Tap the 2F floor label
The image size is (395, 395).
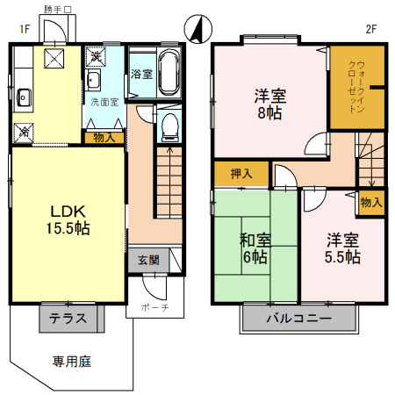coord(370,27)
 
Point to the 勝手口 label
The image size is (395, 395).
coord(57,9)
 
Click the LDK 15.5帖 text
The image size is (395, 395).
coord(69,219)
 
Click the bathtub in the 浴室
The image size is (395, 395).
coord(169,72)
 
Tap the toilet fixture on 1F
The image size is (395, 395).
coord(169,128)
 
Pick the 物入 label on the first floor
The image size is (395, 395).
coord(104,137)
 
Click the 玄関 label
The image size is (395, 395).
coord(148,260)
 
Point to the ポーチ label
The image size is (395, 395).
coord(153,308)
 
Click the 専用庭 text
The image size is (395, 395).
coord(70,360)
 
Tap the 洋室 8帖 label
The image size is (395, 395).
coord(269,104)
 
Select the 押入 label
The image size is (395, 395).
coord(241,173)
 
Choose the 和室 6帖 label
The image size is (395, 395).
coord(255,248)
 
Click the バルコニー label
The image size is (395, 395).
coord(299,318)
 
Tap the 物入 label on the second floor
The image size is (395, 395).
coord(371,203)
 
